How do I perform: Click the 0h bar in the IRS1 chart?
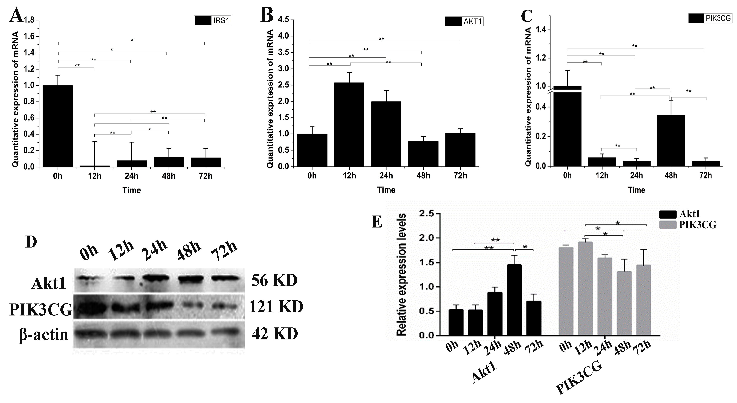tap(58, 126)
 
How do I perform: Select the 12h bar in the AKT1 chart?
tap(349, 124)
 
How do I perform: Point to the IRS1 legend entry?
tap(213, 21)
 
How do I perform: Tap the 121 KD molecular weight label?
tap(276, 307)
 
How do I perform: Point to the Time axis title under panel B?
tap(386, 190)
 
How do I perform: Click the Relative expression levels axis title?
tap(402, 275)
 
